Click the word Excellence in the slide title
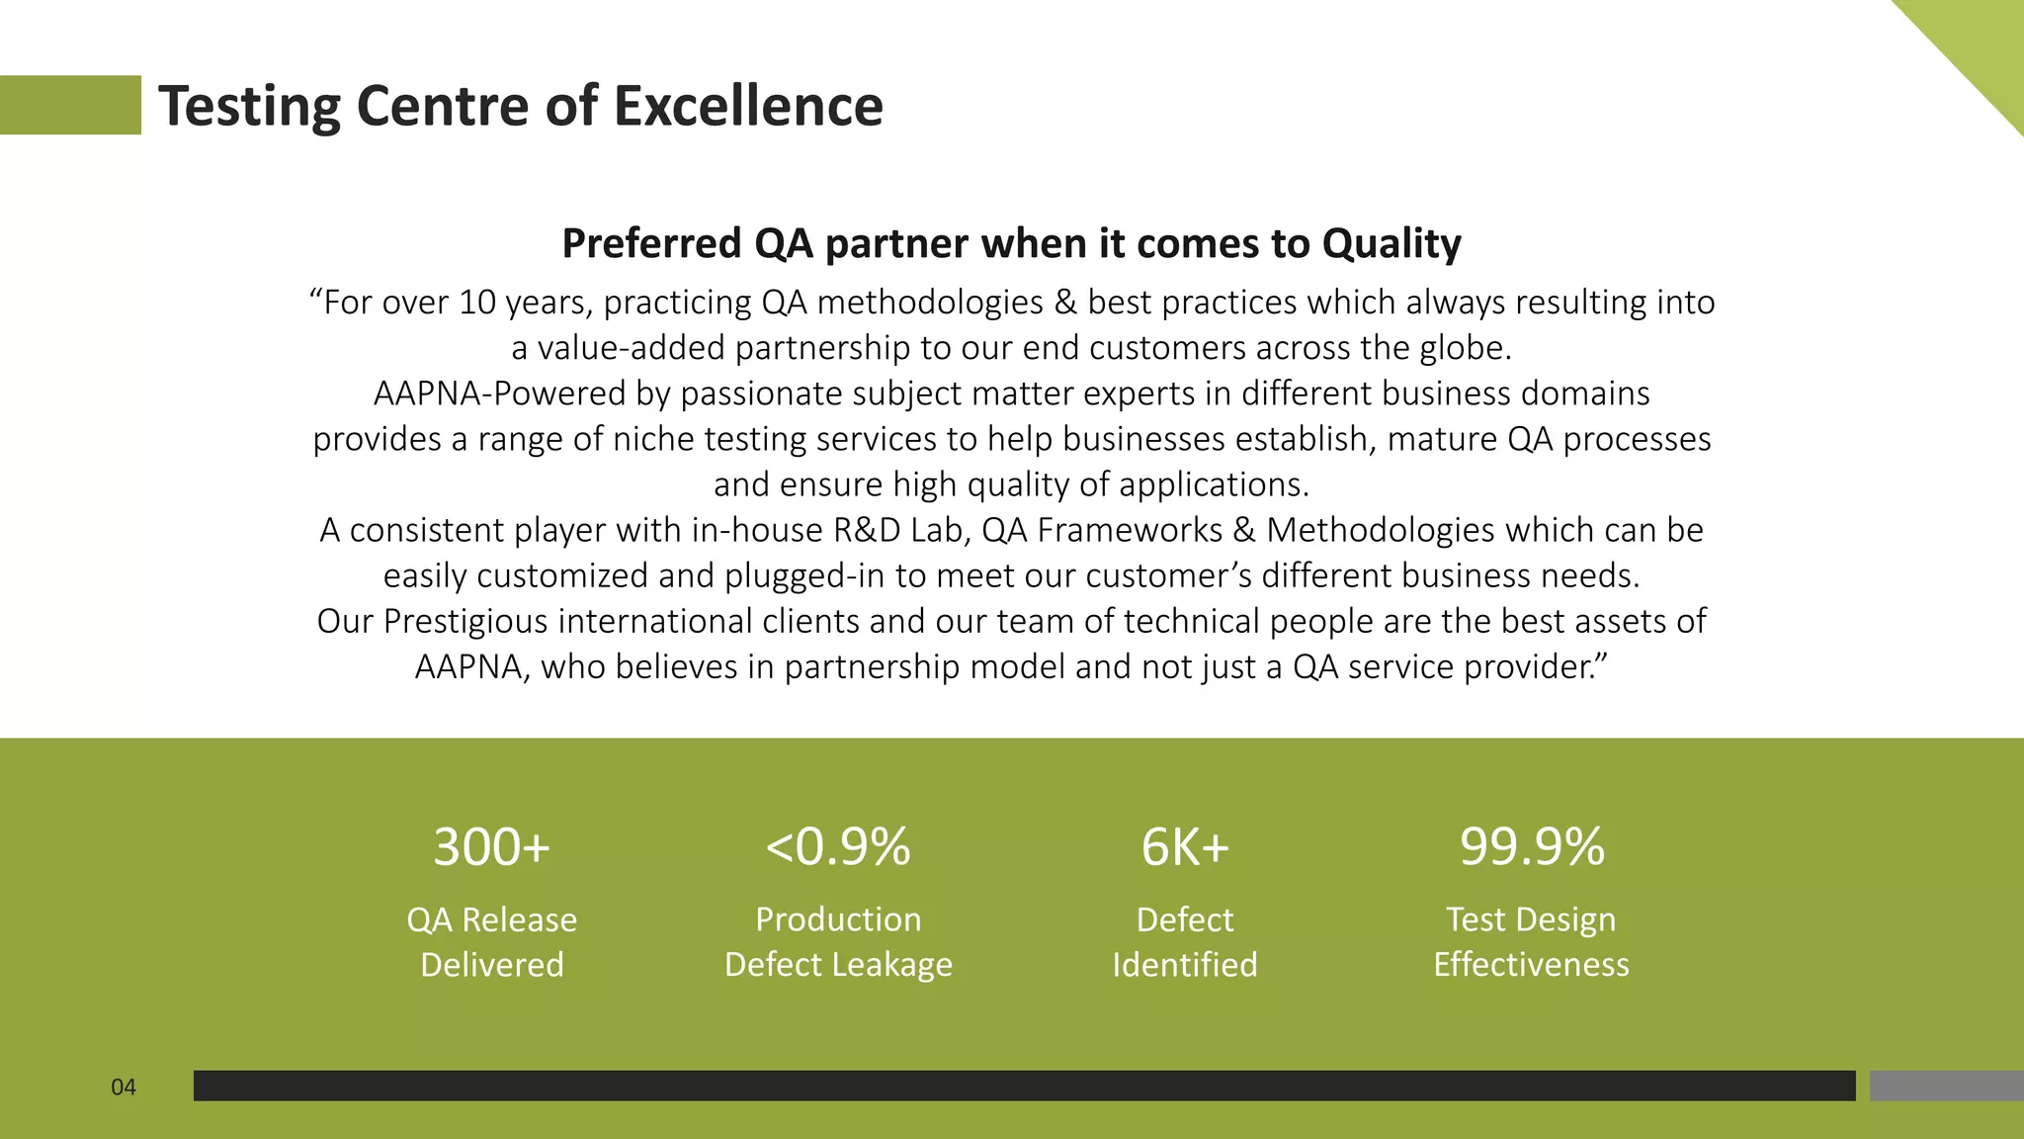(748, 106)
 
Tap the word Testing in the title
(249, 106)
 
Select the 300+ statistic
(491, 847)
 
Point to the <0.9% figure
(838, 847)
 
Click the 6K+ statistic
(1185, 847)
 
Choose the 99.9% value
(1532, 847)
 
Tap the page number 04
(124, 1088)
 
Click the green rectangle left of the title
(70, 105)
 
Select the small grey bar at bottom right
(1946, 1086)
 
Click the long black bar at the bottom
(1024, 1086)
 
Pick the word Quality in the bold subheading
(1391, 243)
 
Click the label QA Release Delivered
(491, 941)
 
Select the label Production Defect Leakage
(838, 941)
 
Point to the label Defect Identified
(1185, 941)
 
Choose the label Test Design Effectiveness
(1532, 941)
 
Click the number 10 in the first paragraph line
(477, 303)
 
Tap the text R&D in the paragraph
(867, 530)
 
